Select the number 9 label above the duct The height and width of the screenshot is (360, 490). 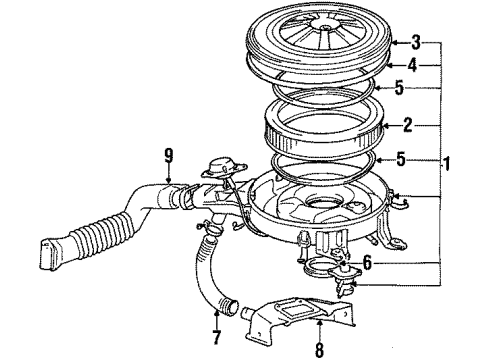(168, 154)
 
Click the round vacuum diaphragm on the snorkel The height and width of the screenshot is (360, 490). (226, 165)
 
